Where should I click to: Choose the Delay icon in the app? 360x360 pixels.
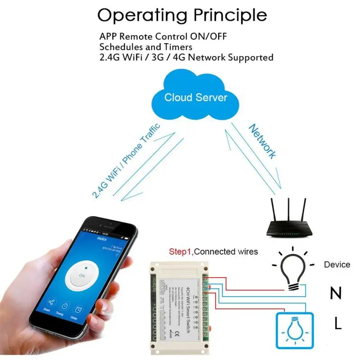79,311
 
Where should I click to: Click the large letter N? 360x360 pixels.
336,293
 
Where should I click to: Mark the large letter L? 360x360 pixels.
337,323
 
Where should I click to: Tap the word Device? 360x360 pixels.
337,264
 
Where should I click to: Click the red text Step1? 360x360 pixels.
180,252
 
